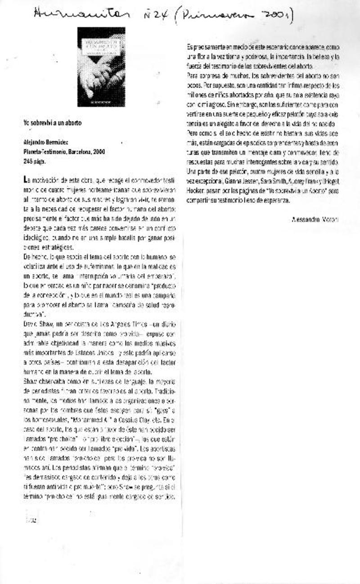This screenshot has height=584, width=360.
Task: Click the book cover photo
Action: pos(101,67)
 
